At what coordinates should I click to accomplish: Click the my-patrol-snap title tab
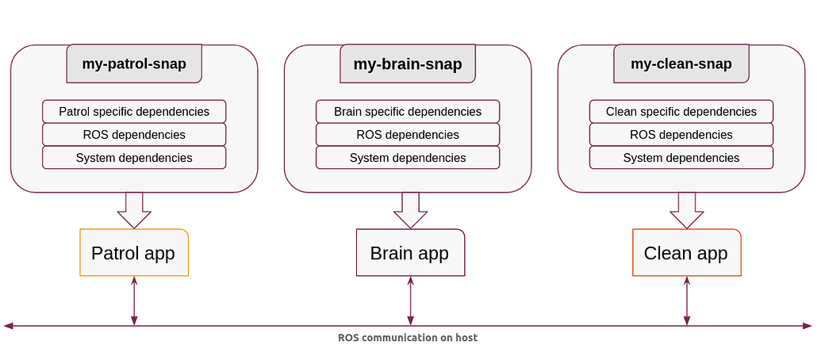tap(134, 64)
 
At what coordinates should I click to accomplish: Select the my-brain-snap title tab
tap(408, 64)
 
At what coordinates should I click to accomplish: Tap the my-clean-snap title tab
tap(681, 64)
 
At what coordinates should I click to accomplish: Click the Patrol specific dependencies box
tap(134, 112)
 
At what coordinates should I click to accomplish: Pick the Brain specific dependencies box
tap(408, 112)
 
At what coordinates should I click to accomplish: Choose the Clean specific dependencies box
tap(681, 112)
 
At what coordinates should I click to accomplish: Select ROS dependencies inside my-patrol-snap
tap(134, 135)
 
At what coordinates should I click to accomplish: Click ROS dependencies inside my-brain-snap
tap(408, 135)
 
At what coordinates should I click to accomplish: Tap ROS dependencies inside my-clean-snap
tap(681, 135)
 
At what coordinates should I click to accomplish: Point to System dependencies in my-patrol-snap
tap(134, 158)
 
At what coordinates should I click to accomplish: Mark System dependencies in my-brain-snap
tap(408, 158)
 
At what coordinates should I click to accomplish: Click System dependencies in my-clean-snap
tap(681, 158)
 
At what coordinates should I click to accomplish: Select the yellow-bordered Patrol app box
tap(134, 252)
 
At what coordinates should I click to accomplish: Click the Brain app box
tap(411, 252)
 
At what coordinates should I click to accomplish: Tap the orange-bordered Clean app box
tap(687, 252)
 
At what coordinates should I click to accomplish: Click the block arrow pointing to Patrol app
tap(134, 210)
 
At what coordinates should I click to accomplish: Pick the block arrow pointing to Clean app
tap(687, 210)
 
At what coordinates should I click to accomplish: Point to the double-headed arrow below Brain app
tap(411, 301)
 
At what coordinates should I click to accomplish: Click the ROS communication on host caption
tap(408, 338)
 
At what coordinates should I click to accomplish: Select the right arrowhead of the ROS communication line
tap(807, 326)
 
